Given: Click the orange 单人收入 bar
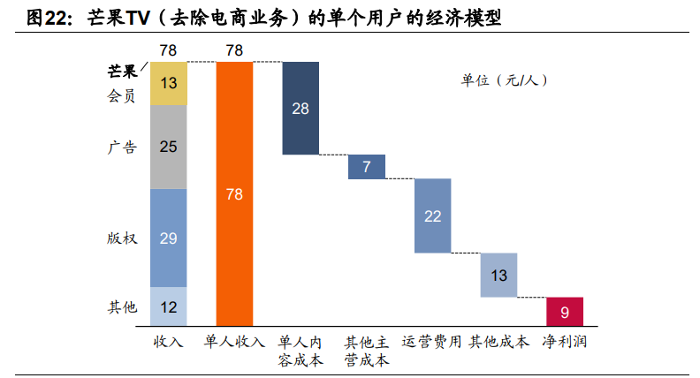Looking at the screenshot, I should pos(234,194).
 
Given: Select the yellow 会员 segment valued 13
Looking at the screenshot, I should pos(168,84).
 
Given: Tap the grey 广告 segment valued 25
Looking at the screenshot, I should pos(168,147).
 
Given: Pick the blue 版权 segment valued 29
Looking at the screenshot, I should pos(168,238).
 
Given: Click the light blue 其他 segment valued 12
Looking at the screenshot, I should pos(168,306).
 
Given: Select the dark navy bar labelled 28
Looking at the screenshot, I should pos(301,108).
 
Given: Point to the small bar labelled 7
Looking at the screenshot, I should pos(366,167).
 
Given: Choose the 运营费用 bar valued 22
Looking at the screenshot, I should pos(432,215).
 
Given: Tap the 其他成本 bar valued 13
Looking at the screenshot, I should pos(498,275).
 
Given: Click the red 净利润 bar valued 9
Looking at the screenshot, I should pos(564,311).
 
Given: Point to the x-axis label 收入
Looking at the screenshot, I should pos(168,342).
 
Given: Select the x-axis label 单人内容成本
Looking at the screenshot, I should pos(301,351).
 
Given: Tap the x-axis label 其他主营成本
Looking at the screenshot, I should pos(366,351).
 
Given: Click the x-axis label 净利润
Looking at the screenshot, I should pos(564,342).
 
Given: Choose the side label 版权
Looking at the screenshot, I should pos(121,238).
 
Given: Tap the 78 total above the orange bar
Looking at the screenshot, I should pos(234,50).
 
